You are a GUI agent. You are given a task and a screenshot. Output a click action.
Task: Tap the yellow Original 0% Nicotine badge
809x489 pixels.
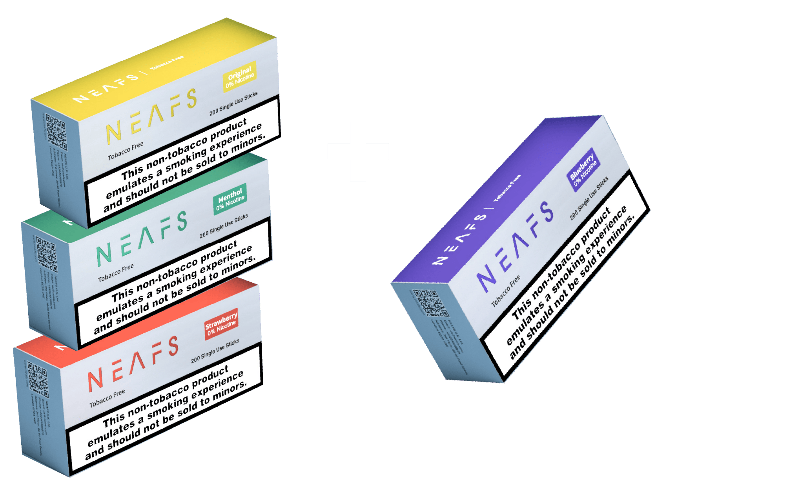pyautogui.click(x=240, y=76)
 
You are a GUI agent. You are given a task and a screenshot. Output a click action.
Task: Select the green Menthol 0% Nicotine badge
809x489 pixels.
pyautogui.click(x=230, y=199)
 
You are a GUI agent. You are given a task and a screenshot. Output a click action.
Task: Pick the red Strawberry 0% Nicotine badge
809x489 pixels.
pyautogui.click(x=221, y=325)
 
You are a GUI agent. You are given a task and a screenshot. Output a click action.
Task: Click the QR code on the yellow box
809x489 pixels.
pyautogui.click(x=56, y=131)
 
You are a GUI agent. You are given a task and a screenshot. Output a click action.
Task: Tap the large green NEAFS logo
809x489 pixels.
pyautogui.click(x=141, y=239)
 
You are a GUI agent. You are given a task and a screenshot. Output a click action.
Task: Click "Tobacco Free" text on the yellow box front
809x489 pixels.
pyautogui.click(x=126, y=151)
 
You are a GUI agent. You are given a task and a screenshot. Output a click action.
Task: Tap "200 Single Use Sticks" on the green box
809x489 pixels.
pyautogui.click(x=224, y=226)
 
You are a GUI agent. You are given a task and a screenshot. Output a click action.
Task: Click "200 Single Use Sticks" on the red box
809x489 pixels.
pyautogui.click(x=215, y=351)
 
